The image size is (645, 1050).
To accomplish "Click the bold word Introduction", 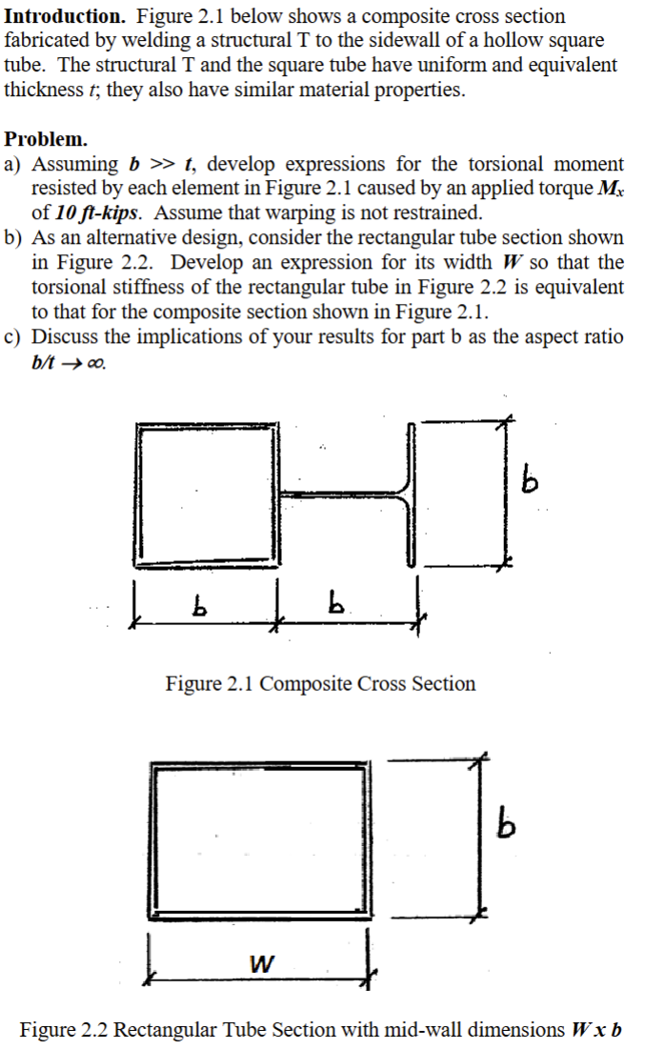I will [x=64, y=17].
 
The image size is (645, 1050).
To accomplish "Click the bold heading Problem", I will [x=46, y=139].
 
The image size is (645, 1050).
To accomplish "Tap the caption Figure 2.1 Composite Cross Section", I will [x=320, y=684].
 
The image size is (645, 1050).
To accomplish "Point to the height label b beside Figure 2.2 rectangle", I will [x=509, y=825].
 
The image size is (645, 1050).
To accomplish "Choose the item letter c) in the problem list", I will [x=16, y=337].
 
